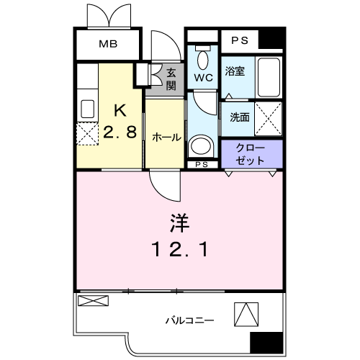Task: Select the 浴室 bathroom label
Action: pos(235,71)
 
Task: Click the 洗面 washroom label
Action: pos(240,117)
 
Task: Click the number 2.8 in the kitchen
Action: pos(120,132)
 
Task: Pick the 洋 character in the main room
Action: pos(179,225)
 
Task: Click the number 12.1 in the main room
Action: pos(179,250)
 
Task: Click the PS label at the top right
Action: pos(240,40)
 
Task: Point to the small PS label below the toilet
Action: pos(201,165)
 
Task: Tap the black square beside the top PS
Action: pos(272,39)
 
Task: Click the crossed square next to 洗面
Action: pos(269,117)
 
